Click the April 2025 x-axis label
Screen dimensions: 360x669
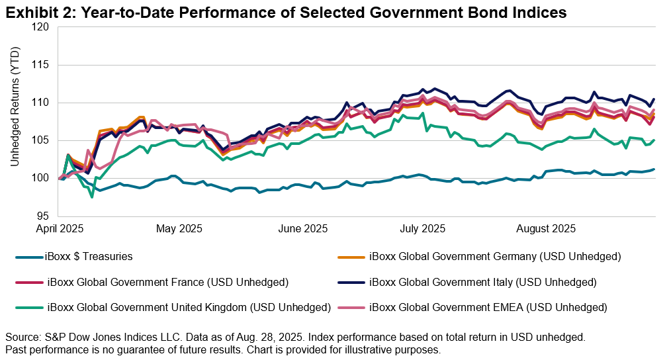(x=62, y=229)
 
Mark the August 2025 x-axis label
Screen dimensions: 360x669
(x=542, y=229)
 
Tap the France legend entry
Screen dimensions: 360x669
(x=169, y=283)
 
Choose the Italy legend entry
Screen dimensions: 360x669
(x=482, y=283)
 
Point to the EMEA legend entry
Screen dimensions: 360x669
(x=488, y=307)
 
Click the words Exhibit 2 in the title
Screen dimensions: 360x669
(x=32, y=11)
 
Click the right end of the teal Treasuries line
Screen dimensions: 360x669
(x=654, y=169)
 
